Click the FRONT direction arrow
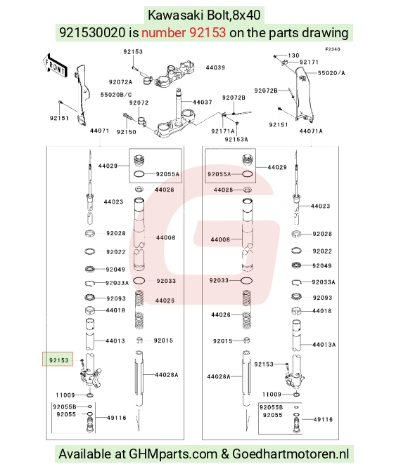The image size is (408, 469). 55,66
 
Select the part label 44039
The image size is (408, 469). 215,67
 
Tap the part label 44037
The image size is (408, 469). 203,103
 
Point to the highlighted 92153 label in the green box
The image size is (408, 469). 59,360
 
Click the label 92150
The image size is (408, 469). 126,132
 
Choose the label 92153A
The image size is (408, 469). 236,140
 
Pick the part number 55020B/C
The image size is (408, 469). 115,95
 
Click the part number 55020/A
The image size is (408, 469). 331,73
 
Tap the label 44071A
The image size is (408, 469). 311,131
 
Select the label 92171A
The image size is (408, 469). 223,131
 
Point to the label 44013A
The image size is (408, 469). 324,345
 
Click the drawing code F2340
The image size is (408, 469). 333,49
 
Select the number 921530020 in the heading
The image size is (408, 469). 92,32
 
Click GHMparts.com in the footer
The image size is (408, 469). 173,454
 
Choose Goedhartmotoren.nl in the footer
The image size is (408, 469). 291,454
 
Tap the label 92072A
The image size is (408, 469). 120,82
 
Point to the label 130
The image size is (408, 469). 293,55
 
